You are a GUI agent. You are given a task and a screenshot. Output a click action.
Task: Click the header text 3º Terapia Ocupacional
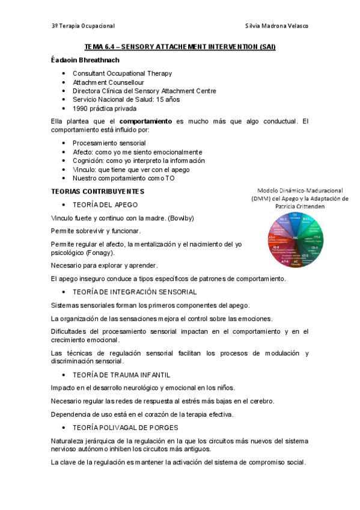click(x=83, y=26)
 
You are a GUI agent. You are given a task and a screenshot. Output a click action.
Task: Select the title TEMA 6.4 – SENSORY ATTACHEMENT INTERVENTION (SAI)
click(x=180, y=47)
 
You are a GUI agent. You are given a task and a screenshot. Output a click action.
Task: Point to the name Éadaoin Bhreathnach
click(x=85, y=60)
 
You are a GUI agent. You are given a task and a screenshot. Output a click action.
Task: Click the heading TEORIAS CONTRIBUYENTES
click(x=97, y=191)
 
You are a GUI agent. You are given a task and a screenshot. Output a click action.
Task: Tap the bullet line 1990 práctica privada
click(x=104, y=108)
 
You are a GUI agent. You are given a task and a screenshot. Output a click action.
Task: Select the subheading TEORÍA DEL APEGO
click(x=105, y=204)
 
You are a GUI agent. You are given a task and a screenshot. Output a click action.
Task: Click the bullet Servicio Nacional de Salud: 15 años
click(x=126, y=99)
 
